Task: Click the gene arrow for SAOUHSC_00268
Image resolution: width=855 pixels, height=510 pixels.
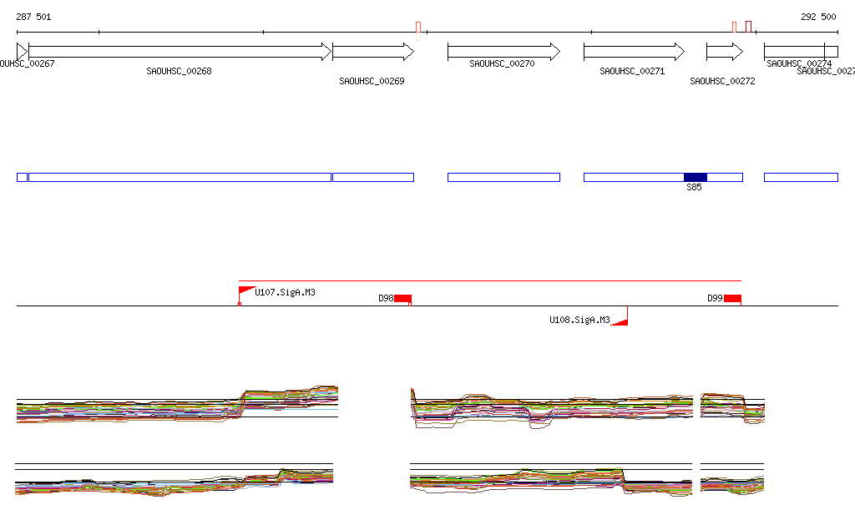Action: coord(180,52)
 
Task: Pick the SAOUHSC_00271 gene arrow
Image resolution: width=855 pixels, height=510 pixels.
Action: coord(634,52)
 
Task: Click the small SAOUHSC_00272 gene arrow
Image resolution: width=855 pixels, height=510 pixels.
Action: coord(724,52)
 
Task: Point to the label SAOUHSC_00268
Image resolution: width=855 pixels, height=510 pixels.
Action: coord(179,72)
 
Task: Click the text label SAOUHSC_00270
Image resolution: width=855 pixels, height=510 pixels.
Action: coord(502,63)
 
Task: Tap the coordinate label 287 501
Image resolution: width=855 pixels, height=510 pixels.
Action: coord(34,17)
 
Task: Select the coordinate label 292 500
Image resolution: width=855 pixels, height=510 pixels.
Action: coord(818,17)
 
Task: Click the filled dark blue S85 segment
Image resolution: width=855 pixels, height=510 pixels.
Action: coord(695,177)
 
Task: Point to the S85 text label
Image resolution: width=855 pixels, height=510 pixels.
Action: coord(694,188)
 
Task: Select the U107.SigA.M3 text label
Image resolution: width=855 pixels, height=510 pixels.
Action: coord(285,292)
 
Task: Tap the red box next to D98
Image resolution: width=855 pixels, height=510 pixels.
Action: coord(402,299)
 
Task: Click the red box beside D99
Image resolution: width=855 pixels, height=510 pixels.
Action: coord(732,299)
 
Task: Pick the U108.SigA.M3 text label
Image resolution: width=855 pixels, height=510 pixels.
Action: coord(579,320)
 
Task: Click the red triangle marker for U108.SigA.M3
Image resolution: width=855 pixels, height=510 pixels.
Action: coord(620,321)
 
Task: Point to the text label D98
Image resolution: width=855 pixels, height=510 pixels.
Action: coord(386,298)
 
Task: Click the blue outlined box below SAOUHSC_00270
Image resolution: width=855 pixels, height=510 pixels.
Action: coord(503,177)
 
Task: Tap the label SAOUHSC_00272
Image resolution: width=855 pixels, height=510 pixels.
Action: coord(722,82)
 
